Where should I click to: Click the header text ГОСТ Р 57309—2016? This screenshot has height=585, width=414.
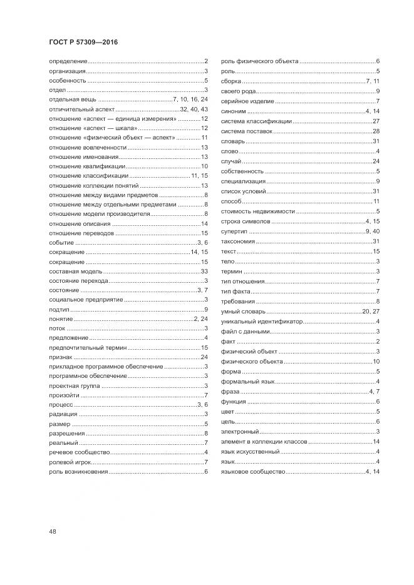tap(83, 42)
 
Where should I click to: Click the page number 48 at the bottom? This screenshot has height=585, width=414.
tap(53, 531)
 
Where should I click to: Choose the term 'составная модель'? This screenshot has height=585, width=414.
tap(72, 271)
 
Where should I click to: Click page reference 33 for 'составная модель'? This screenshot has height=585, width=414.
tap(204, 271)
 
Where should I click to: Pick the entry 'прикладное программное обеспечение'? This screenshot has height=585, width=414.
tap(97, 367)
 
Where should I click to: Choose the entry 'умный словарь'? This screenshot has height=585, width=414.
tap(244, 311)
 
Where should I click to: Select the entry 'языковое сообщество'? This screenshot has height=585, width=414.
tap(254, 471)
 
